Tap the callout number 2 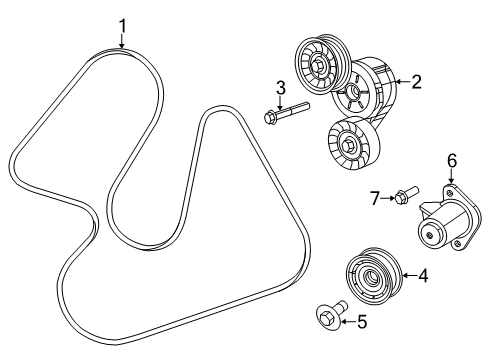tap(417, 82)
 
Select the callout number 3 tap(281, 87)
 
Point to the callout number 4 tap(423, 276)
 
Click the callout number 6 tap(451, 160)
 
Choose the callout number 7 tap(376, 199)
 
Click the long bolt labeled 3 tap(285, 115)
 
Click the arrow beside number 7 tap(389, 199)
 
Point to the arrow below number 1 tap(122, 41)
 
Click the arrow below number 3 tap(281, 102)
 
